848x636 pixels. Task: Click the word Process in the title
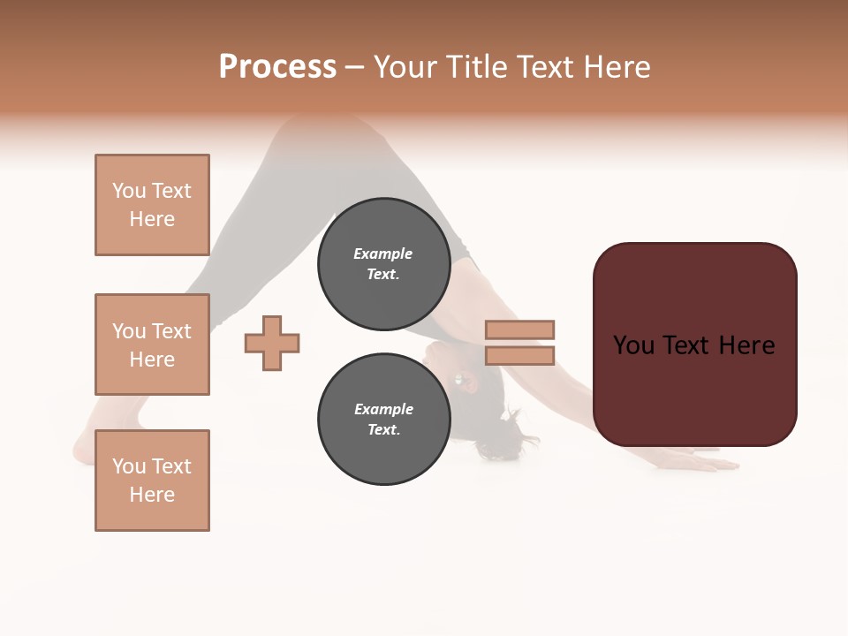[277, 67]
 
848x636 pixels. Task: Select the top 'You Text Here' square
[152, 205]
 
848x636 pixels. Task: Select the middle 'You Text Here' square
[152, 344]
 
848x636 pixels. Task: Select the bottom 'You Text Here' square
[152, 480]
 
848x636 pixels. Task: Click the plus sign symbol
[272, 343]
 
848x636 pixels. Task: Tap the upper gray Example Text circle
[383, 264]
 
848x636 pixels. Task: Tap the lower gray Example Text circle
[383, 420]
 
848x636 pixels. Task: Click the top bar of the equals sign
[519, 329]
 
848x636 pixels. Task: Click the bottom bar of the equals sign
[519, 355]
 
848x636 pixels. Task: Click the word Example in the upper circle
[383, 254]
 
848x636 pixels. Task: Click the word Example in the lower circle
[383, 409]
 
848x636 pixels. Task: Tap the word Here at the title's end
[617, 67]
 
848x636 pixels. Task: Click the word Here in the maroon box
[746, 345]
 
